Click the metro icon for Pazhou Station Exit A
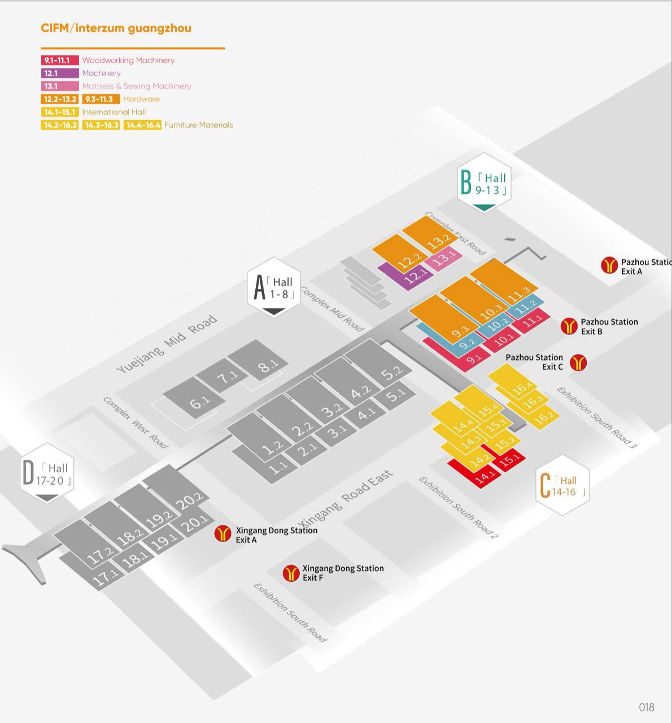[x=609, y=265]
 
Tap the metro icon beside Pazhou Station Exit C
[x=578, y=363]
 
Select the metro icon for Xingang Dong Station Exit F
[x=291, y=573]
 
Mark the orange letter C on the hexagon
[x=545, y=486]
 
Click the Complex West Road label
[x=136, y=422]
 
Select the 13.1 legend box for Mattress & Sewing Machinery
[x=60, y=86]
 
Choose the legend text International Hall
[x=114, y=112]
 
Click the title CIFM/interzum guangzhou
[x=116, y=28]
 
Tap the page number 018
[x=647, y=707]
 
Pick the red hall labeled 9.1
[x=473, y=358]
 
